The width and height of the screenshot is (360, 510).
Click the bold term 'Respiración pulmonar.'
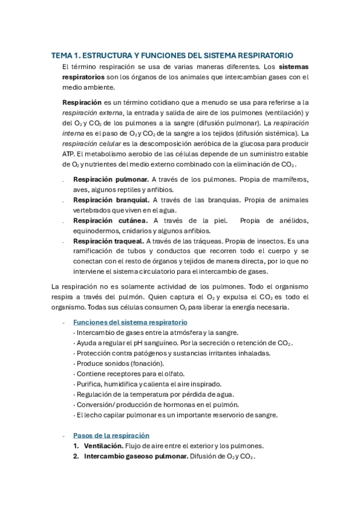click(x=111, y=179)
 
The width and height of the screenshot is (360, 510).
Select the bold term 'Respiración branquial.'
click(x=111, y=200)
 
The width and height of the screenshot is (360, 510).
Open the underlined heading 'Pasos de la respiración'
click(x=111, y=435)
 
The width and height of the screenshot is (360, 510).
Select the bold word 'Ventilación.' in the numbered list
click(x=103, y=446)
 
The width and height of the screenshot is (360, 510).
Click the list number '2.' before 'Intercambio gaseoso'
click(x=77, y=456)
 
